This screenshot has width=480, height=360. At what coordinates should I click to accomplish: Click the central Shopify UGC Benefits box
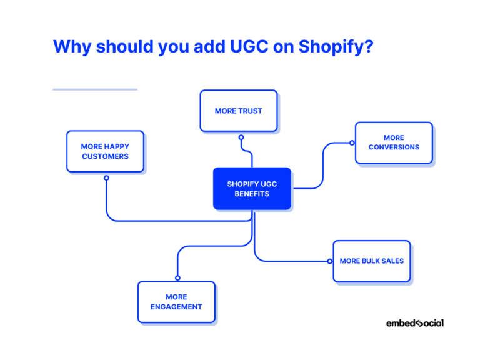252,188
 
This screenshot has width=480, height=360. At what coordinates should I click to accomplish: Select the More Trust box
239,111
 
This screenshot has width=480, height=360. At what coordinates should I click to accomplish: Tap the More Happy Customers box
105,151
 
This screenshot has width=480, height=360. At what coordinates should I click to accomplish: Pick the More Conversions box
394,142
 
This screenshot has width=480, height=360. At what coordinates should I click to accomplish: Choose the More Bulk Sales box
372,261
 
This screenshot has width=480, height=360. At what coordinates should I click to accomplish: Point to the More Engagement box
176,302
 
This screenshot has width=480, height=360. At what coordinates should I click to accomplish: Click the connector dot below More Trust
241,137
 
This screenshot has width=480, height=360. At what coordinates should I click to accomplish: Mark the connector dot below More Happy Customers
106,178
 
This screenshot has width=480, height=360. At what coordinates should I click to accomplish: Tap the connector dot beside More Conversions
351,143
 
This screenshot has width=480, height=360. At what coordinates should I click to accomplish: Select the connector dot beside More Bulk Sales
329,261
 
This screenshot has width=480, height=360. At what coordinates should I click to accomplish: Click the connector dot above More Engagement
177,277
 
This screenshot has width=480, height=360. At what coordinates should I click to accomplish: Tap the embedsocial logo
414,323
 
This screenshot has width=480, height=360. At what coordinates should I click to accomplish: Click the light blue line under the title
94,89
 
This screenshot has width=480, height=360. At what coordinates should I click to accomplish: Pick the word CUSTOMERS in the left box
105,156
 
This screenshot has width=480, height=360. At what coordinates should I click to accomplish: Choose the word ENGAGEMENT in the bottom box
176,307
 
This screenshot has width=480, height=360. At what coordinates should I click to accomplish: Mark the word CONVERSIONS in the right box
394,147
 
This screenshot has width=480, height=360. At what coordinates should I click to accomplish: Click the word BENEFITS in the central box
252,194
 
